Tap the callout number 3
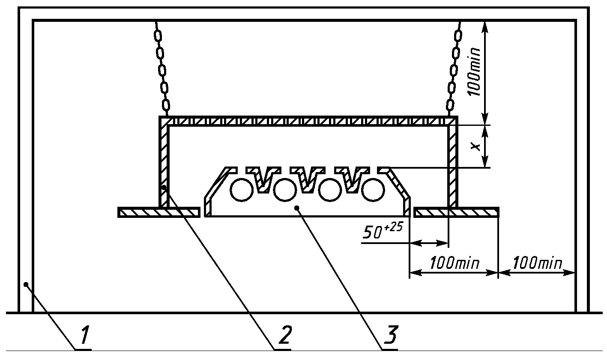coord(390,335)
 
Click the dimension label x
coord(475,146)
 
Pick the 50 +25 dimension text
coord(383,231)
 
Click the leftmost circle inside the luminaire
coord(242,190)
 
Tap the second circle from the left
coord(285,190)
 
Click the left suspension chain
coord(162,69)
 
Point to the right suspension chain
coord(454,69)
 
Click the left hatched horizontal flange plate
coord(159,212)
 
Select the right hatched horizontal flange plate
coord(457,212)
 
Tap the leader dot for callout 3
coord(297,208)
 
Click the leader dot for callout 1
coord(26,284)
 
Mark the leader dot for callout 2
coord(164,187)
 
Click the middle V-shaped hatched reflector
coord(307,180)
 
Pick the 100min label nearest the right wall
coord(537,263)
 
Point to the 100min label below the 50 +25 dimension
coord(455,263)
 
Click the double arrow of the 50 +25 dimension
coord(429,243)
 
